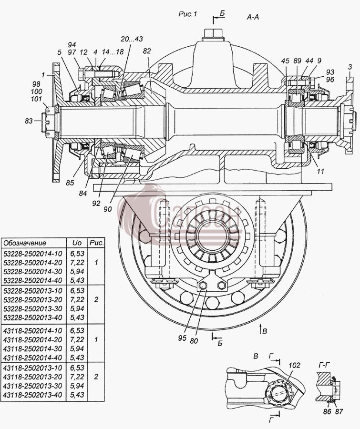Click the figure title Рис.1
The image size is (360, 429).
coord(188,14)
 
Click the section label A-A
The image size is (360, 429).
coord(253,17)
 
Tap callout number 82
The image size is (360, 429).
coord(147,51)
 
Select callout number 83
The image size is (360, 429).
coord(29,121)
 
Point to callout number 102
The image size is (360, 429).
coord(295,365)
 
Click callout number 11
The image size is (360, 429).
coord(320,171)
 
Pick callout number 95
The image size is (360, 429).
coord(182,338)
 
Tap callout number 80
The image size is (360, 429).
coord(194,341)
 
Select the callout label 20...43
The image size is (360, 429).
coord(132,39)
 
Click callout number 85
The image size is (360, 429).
coord(70,183)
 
